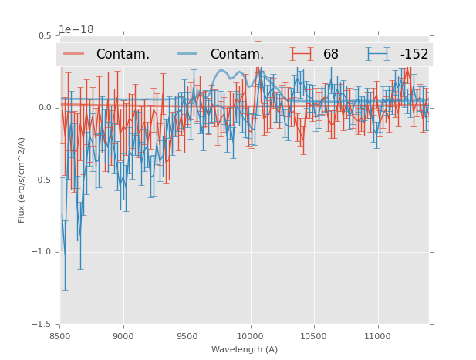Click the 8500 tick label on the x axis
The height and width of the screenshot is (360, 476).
coord(60,336)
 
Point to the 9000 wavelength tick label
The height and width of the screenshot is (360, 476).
coord(123,336)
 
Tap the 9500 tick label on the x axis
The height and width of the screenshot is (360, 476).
coord(187,336)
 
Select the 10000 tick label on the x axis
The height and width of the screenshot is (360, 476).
coord(250,336)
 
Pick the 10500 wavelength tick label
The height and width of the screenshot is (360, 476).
coord(314,336)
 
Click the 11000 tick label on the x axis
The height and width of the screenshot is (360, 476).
coord(377,336)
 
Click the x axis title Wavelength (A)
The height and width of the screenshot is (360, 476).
coord(245,349)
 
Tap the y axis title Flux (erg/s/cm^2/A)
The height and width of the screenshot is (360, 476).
coord(22,180)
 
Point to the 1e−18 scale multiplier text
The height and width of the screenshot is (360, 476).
coord(76,30)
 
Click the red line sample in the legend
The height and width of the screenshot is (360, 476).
coord(74,54)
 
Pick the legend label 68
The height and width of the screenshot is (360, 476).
coord(331,54)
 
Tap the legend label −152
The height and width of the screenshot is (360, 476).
coord(414,54)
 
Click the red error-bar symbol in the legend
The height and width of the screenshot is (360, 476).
coord(302,54)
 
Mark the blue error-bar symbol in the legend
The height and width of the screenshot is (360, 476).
coord(378,54)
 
